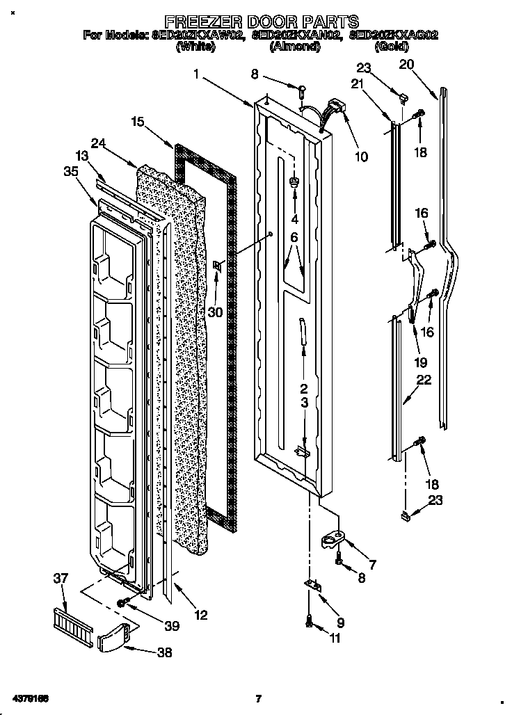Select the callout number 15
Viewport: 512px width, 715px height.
pos(138,122)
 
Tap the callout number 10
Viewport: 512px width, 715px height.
pos(361,157)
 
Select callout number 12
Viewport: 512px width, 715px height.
pos(200,615)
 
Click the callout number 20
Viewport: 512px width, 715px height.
pos(407,65)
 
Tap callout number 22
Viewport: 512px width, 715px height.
pos(424,380)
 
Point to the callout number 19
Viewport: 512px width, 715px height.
pos(421,362)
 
